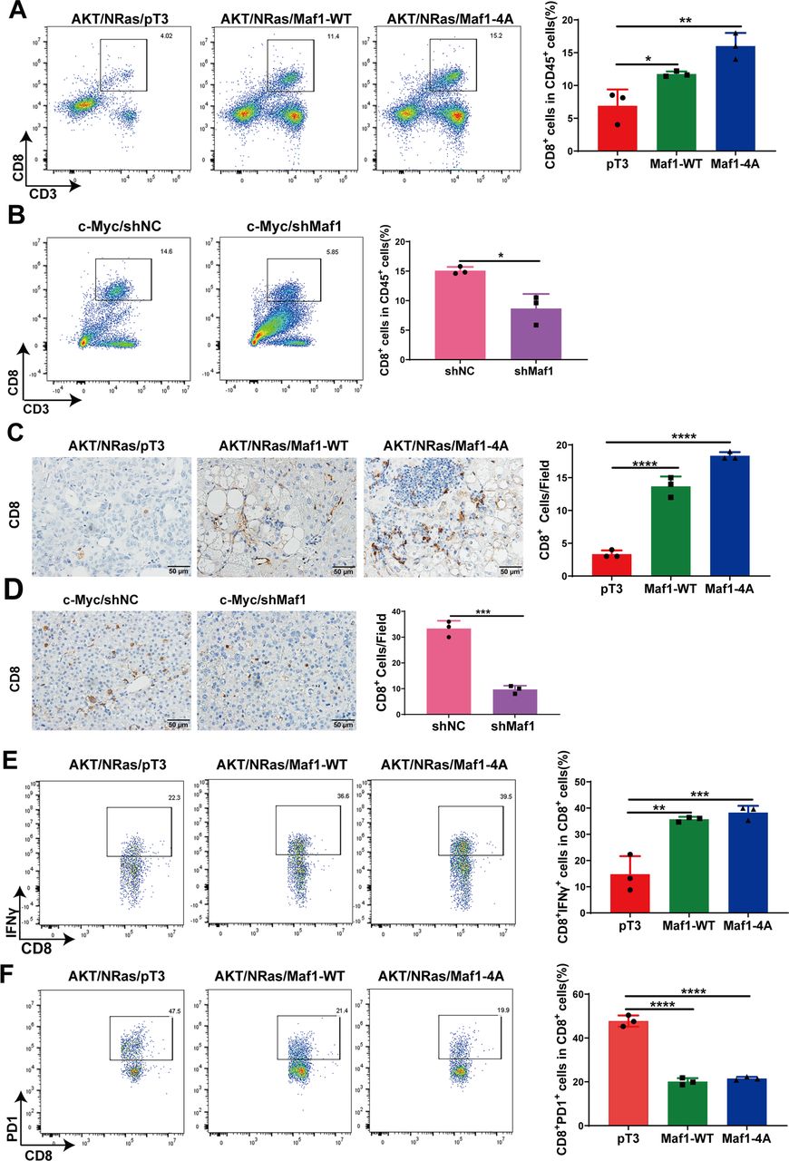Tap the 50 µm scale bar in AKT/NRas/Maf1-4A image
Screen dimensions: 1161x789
point(509,571)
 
